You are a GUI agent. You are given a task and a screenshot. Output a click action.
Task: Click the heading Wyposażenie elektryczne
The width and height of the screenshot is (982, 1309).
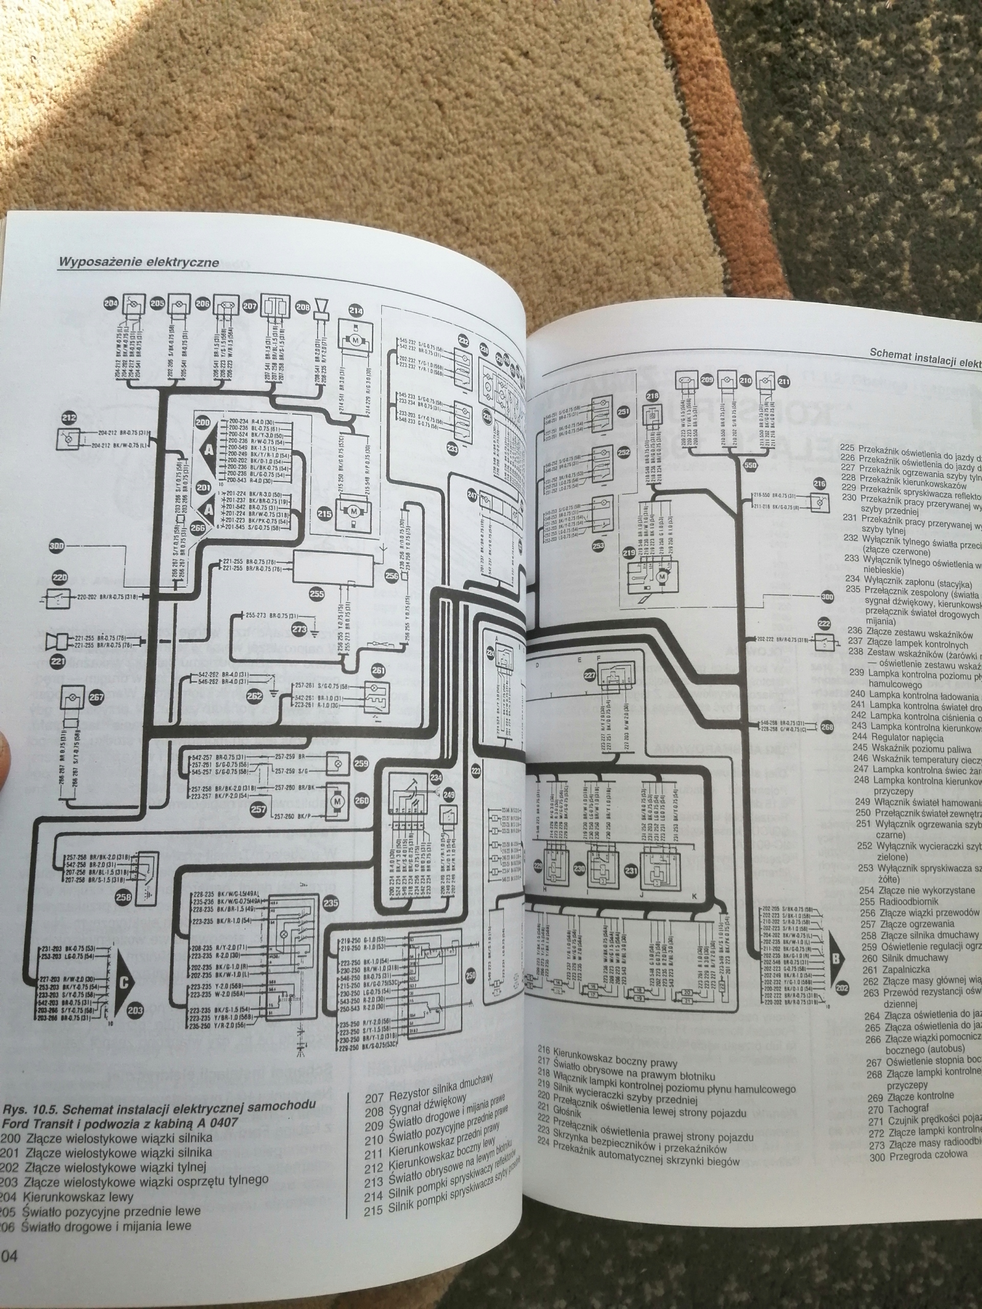[139, 262]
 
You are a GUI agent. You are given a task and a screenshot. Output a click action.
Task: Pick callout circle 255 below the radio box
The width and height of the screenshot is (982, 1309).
[318, 592]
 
